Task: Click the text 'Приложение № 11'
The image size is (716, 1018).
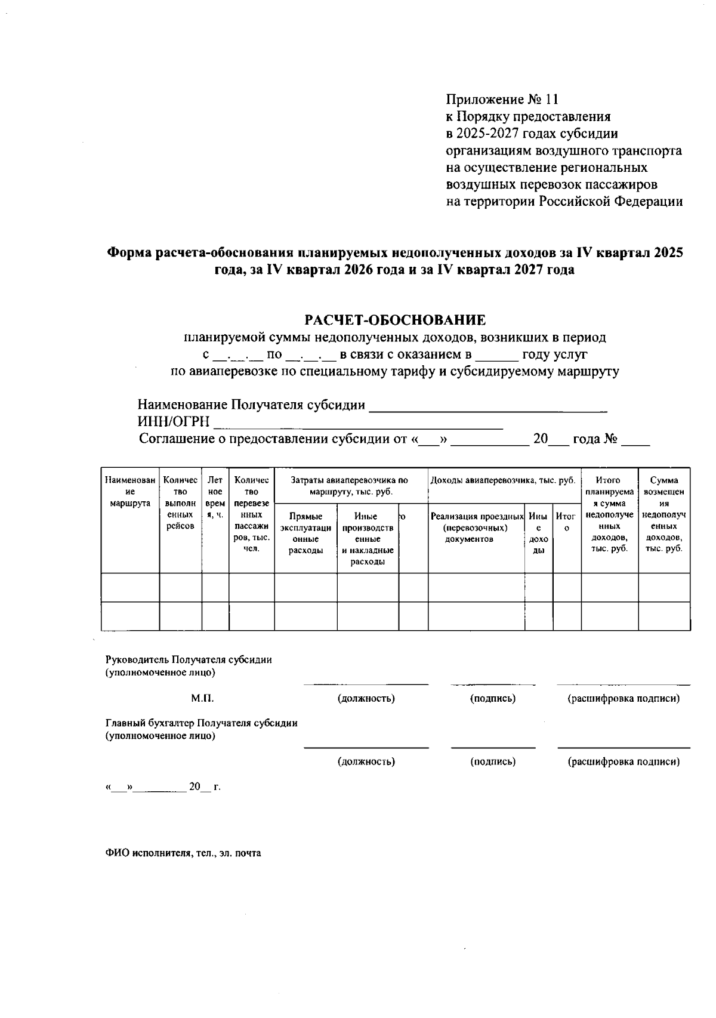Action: (x=502, y=99)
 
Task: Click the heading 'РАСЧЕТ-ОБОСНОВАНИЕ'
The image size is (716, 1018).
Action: (x=396, y=320)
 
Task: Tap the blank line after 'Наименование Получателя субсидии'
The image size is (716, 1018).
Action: (x=488, y=406)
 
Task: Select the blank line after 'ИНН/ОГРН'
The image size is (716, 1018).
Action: (x=358, y=423)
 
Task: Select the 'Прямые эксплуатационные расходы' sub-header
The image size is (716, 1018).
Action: (x=305, y=533)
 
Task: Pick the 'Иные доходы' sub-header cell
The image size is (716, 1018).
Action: (x=538, y=533)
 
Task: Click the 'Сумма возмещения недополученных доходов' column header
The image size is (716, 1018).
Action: (x=664, y=514)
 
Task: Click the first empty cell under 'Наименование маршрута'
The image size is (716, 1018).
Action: (x=130, y=588)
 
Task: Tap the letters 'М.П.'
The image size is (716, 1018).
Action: (x=202, y=698)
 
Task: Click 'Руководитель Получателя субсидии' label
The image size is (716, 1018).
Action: (x=189, y=660)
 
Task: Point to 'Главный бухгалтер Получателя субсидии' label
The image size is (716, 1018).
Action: (x=201, y=723)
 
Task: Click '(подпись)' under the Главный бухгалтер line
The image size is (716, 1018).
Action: (x=493, y=761)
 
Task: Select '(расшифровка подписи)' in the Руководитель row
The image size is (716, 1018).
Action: (x=623, y=698)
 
